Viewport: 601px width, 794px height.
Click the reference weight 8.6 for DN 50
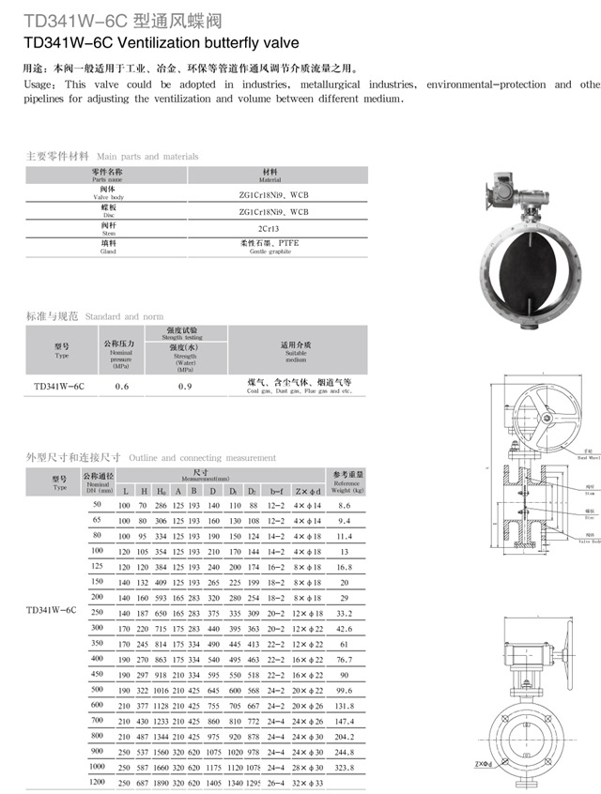click(x=345, y=506)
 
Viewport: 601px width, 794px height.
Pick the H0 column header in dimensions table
click(x=162, y=491)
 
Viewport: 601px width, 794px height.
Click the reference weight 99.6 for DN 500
click(x=345, y=690)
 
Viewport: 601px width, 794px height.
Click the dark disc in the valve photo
click(x=523, y=268)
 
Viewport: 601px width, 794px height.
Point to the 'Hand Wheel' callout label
click(x=589, y=460)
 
